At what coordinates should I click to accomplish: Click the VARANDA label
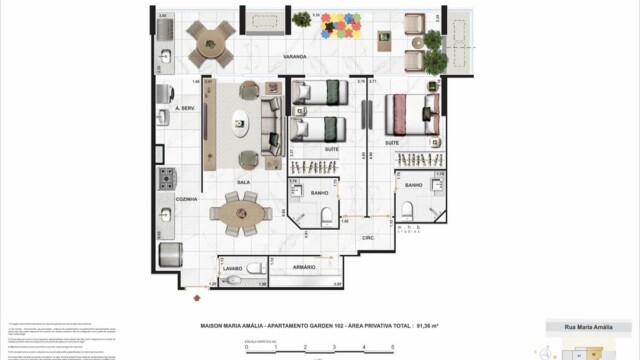293,57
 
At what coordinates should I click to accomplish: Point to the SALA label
242,182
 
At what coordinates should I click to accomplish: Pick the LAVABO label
233,267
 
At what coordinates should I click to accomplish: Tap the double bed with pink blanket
412,112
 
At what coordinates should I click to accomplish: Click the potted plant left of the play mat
301,19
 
